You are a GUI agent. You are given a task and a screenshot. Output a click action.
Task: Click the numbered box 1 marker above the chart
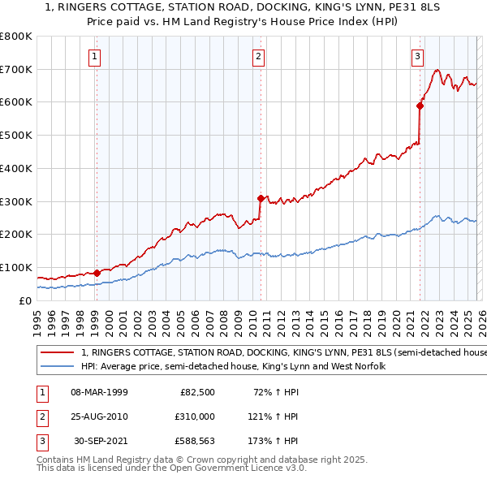coord(96,56)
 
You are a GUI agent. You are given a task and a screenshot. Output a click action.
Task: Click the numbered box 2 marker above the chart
coord(258,56)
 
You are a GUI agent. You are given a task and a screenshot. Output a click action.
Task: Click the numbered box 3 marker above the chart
coord(417,56)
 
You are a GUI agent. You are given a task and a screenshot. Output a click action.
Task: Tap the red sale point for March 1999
coord(97,273)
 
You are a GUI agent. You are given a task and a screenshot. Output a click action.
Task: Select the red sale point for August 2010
coord(261,197)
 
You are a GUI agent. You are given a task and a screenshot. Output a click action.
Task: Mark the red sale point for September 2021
coord(420,105)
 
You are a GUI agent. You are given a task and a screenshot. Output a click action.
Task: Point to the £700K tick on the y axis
coord(16,69)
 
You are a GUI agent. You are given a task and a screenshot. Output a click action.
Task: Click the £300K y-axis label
coord(16,201)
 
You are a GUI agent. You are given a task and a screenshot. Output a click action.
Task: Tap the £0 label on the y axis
coord(24,300)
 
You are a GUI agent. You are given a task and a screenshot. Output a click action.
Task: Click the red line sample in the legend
coord(58,352)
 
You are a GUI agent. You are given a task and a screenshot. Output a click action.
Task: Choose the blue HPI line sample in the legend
coord(58,367)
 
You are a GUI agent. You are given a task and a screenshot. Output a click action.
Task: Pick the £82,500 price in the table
coord(197,392)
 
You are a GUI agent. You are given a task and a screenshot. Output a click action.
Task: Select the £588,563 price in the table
coord(193,441)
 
